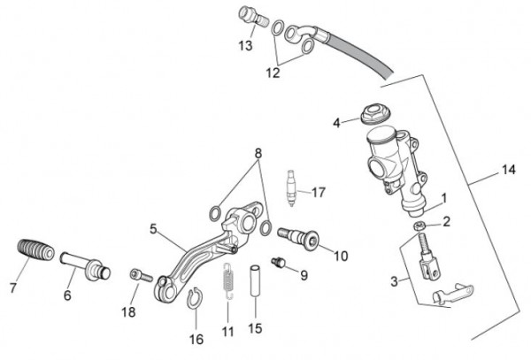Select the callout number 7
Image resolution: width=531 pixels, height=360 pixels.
tap(12, 287)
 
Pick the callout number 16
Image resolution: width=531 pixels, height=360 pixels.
tap(197, 339)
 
